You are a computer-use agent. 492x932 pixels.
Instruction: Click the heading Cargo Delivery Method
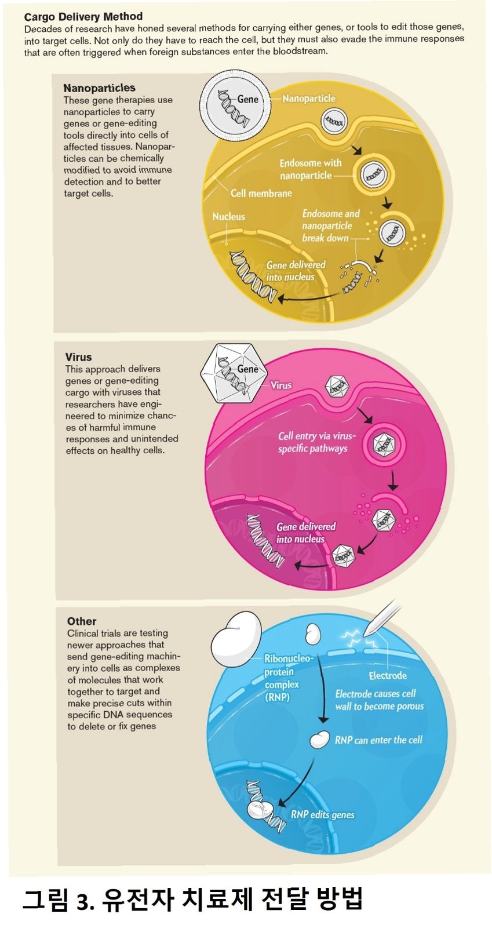pos(83,16)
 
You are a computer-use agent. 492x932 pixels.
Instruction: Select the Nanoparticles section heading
pos(99,88)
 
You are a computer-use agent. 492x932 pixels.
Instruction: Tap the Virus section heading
pos(78,357)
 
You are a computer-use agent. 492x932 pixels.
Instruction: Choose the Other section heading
pos(82,621)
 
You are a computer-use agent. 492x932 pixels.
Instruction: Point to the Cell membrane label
pos(261,193)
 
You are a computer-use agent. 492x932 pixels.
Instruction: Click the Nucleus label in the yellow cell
pos(228,217)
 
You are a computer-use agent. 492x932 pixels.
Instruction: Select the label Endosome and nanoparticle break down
pos(330,225)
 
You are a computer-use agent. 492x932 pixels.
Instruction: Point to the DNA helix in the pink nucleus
pos(264,540)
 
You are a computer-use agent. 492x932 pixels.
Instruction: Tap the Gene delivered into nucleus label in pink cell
pos(305,533)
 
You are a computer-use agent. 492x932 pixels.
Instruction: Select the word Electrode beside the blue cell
pos(387,676)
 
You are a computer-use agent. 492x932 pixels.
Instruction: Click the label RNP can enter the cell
pos(378,740)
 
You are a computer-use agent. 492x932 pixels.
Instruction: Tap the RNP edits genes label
pos(322,814)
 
